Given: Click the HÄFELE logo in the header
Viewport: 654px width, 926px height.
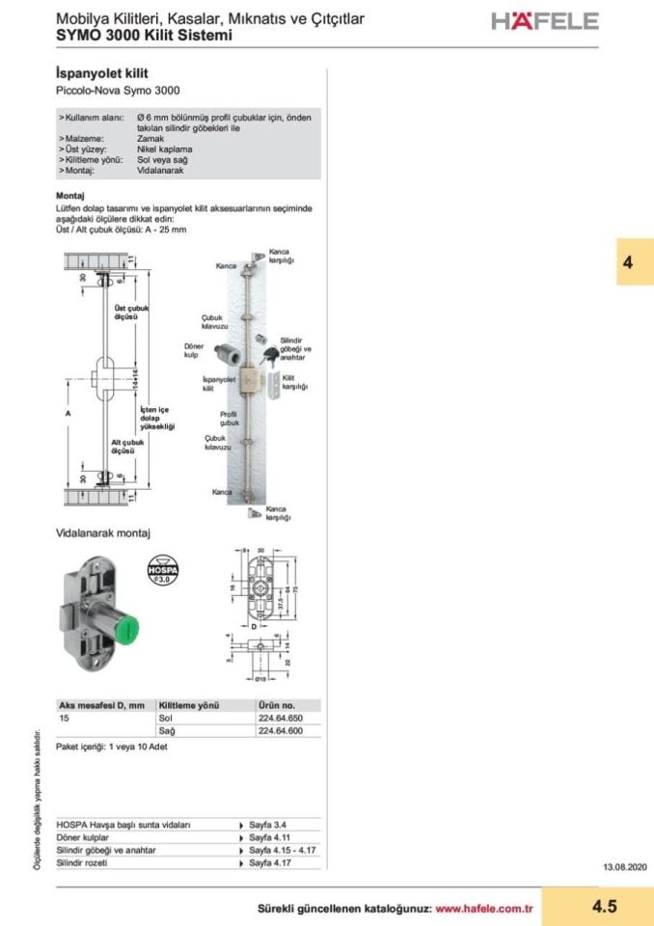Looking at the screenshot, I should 545,21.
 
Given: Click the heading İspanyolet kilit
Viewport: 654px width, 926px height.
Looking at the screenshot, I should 102,73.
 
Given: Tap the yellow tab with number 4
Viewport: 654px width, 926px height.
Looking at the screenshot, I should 628,261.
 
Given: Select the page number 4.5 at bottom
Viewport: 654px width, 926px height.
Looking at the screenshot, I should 605,906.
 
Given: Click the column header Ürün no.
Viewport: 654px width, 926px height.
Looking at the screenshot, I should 277,705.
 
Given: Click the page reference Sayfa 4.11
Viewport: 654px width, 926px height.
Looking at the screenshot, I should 269,837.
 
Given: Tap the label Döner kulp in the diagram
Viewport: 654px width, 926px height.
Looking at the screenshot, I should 194,349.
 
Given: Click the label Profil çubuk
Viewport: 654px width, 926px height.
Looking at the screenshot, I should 228,418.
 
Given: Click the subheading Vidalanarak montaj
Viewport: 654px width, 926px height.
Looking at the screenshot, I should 104,532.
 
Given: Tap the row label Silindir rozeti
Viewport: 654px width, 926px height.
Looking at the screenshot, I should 82,862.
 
